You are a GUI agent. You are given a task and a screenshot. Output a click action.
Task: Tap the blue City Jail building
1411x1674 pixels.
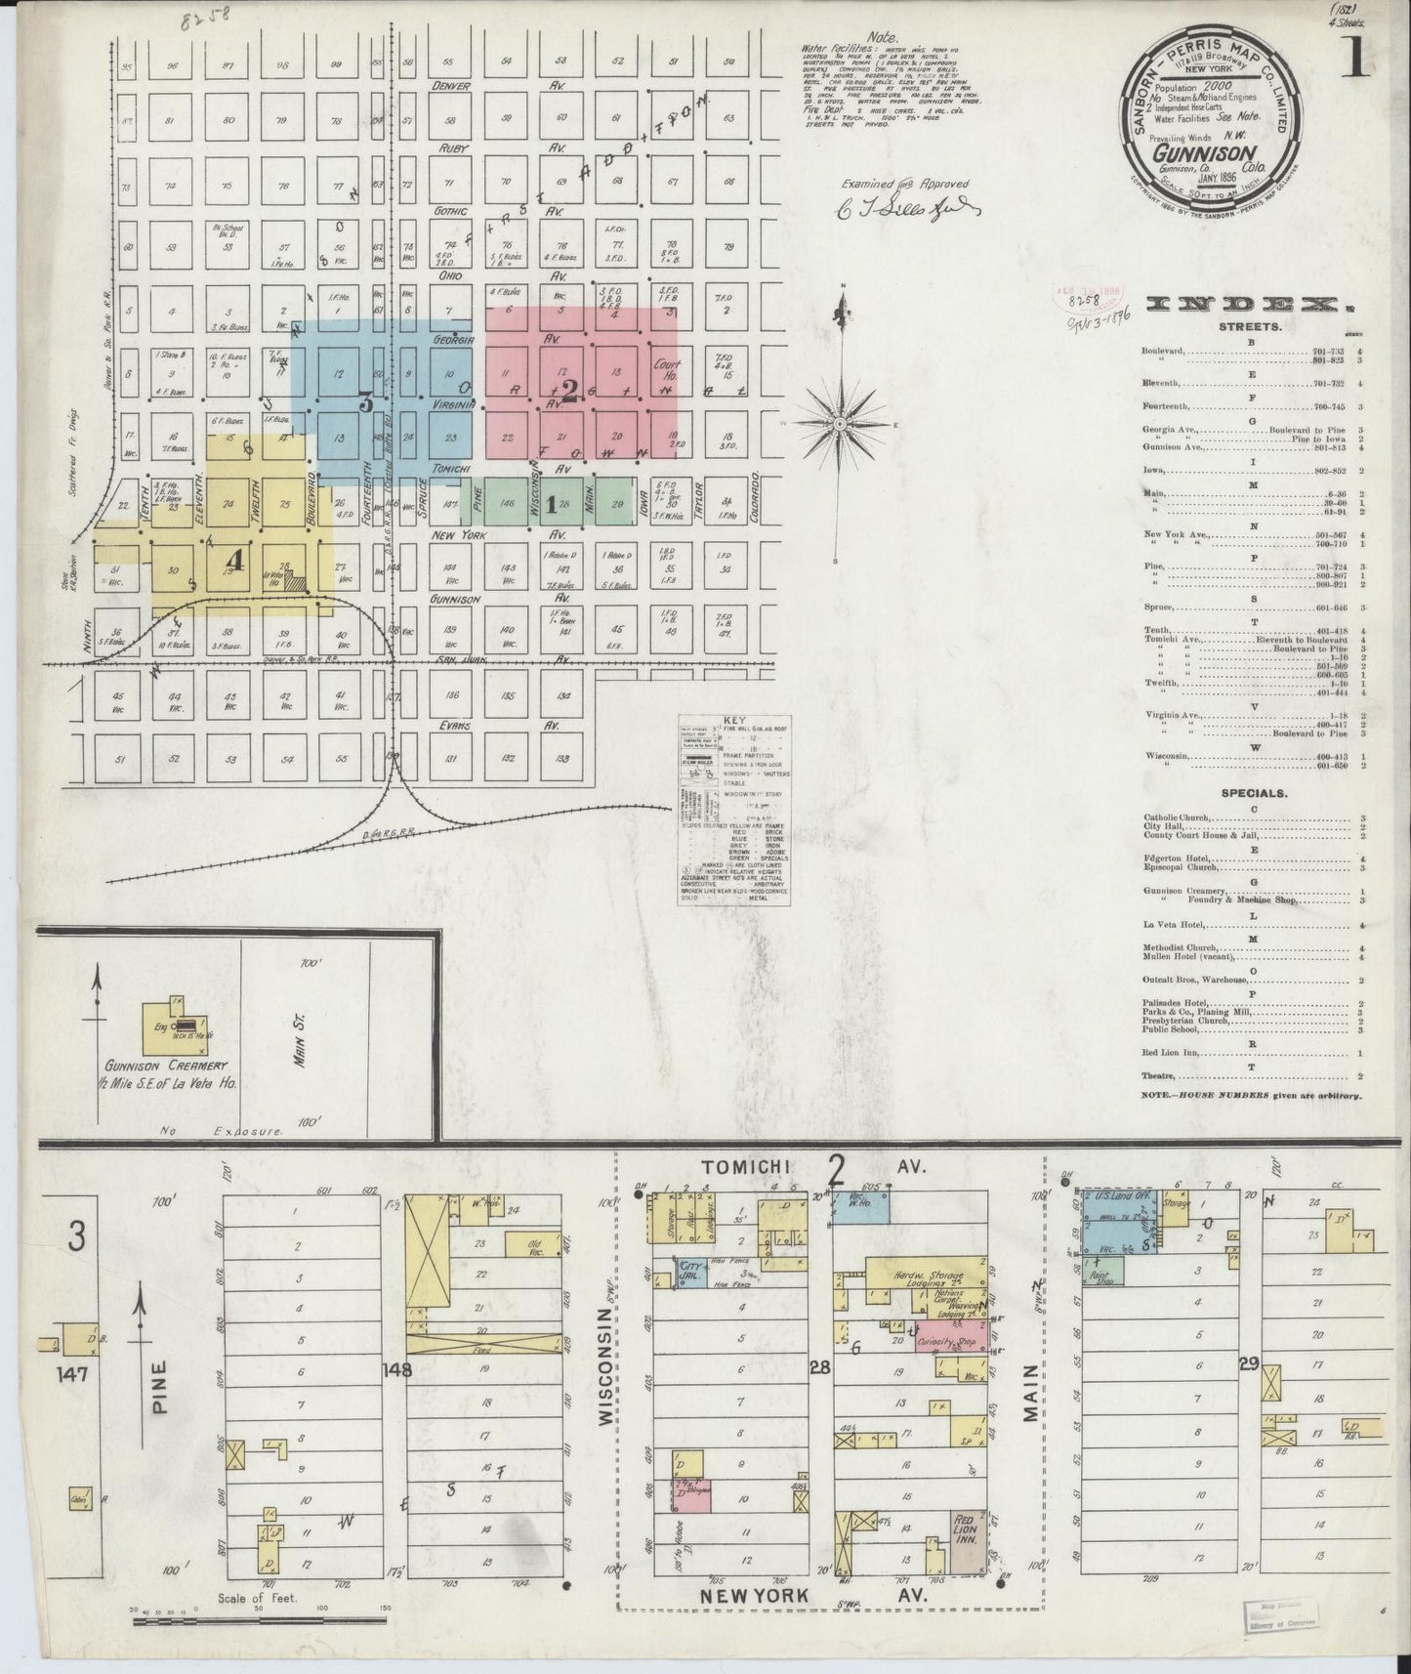click(x=692, y=1274)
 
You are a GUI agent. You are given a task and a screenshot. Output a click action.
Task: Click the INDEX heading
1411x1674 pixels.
click(x=1253, y=306)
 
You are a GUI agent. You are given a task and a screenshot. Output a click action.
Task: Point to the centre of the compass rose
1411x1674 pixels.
click(x=839, y=424)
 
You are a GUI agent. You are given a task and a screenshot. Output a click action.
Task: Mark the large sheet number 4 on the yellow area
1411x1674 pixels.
click(x=233, y=558)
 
